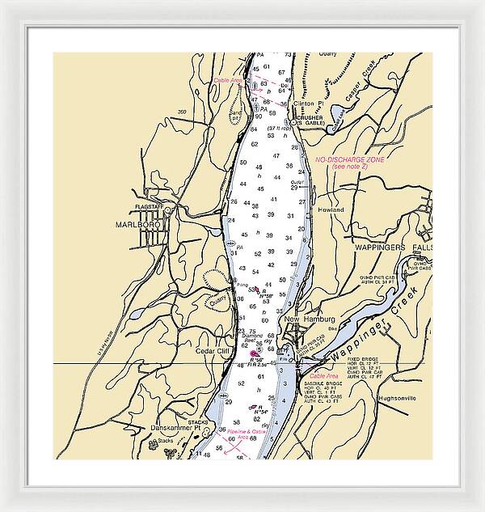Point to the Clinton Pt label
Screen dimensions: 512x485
point(308,104)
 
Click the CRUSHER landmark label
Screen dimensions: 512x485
point(310,117)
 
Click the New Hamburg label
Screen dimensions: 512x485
point(306,319)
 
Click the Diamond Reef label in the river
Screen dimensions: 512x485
point(252,337)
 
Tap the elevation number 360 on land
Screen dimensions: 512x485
point(182,112)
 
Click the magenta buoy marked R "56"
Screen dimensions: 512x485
point(255,353)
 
